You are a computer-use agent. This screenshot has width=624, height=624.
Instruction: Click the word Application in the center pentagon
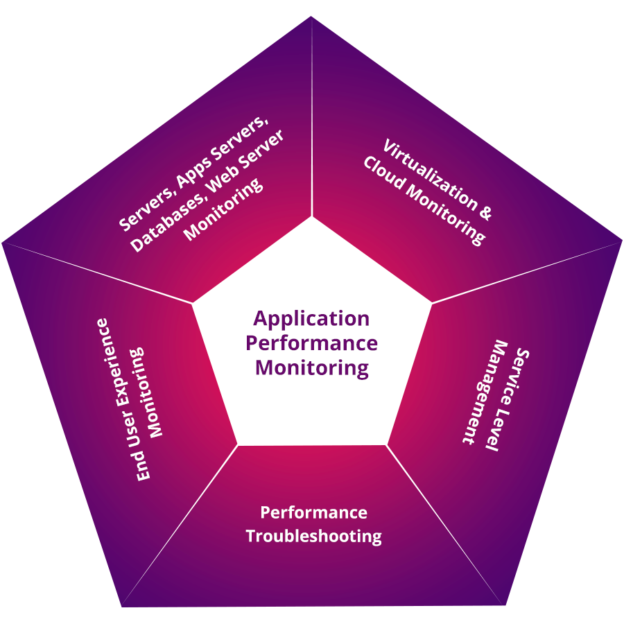(311, 320)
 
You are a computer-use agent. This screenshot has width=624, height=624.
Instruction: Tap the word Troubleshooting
(313, 536)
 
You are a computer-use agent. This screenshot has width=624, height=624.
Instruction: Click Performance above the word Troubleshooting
(313, 513)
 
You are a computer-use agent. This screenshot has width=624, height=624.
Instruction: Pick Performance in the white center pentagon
(311, 343)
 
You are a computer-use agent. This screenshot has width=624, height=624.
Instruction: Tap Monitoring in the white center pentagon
(311, 367)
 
